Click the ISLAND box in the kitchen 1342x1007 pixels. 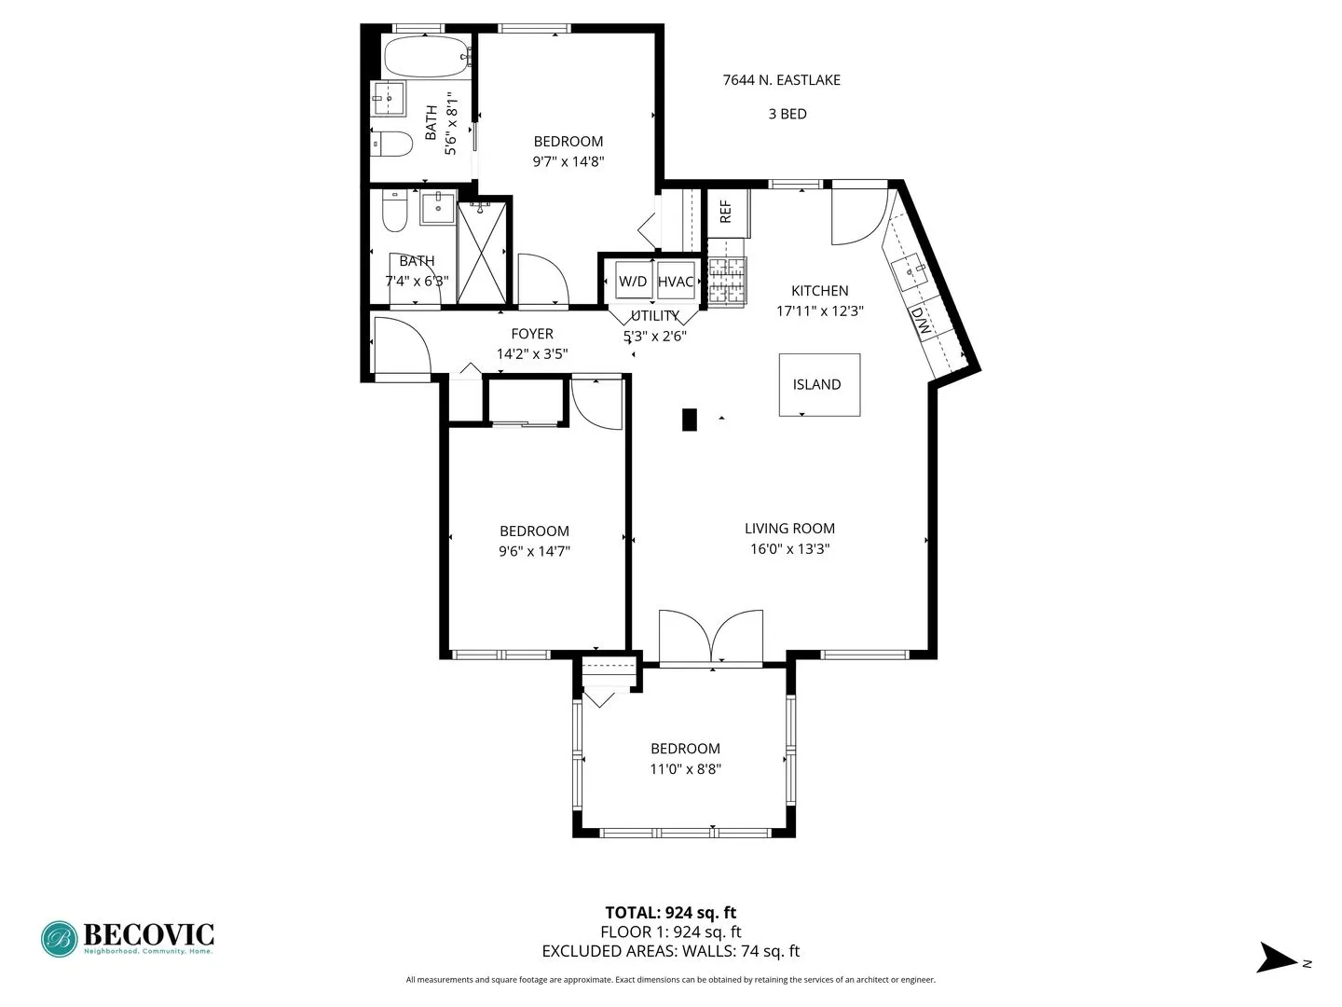[819, 384]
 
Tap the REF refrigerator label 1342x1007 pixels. [726, 212]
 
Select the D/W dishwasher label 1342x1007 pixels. [921, 322]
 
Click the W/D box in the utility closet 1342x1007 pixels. [633, 282]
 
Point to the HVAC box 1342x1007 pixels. [676, 282]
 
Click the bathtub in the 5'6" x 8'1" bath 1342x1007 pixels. [425, 56]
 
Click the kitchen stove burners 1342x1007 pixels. [728, 282]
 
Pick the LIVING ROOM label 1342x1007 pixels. [789, 529]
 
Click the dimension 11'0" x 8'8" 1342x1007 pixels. [685, 769]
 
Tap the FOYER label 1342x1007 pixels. [532, 334]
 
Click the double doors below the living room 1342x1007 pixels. [711, 638]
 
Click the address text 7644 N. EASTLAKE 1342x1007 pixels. [781, 80]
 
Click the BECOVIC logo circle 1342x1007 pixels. [60, 939]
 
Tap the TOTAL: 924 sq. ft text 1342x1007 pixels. [670, 913]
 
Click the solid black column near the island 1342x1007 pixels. [690, 420]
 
